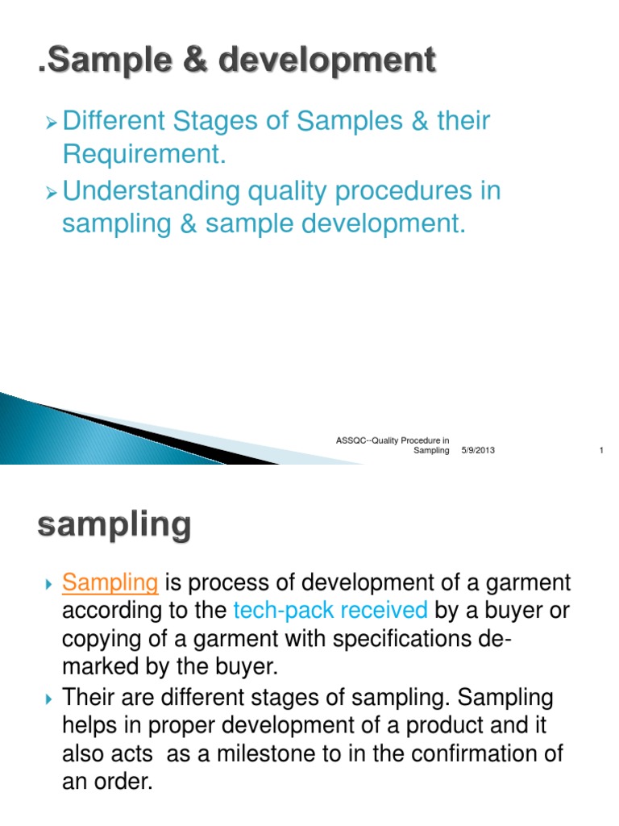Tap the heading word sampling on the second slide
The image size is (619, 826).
[114, 526]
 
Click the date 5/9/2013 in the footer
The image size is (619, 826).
[478, 450]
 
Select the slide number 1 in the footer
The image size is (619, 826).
[601, 450]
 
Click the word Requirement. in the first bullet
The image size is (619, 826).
[143, 155]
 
